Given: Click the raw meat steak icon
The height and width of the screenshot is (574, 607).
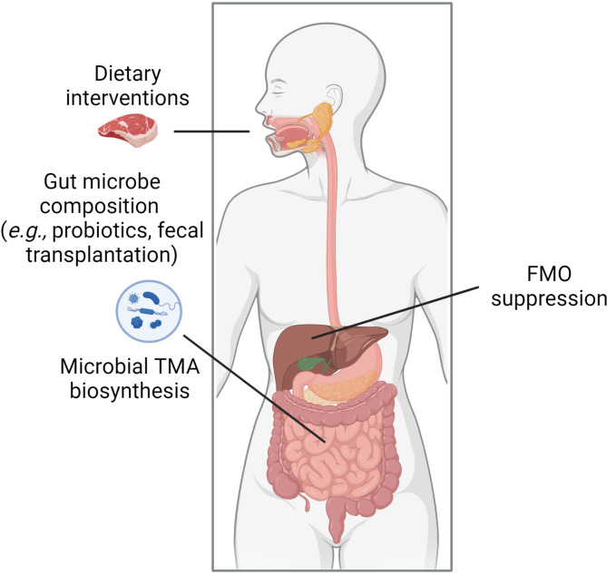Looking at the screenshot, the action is coord(128,131).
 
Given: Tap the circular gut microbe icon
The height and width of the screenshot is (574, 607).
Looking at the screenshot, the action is coord(149,311).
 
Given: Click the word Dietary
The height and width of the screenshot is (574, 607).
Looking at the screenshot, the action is coord(128,73).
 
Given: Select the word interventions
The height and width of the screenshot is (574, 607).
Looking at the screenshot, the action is coord(127,98).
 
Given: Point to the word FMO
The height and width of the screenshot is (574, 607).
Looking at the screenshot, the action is coord(549,274).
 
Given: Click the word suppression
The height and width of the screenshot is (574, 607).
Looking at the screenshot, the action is coord(549,299).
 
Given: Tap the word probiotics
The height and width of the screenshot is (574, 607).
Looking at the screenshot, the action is coord(101,231).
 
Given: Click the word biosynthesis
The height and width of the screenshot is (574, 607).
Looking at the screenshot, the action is coord(130,391).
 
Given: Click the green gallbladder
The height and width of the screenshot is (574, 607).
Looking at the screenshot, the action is coord(310,364).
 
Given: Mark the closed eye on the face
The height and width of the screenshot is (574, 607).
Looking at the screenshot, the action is coord(279,93).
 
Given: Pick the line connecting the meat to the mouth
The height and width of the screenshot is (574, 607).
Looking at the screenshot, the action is coord(211,131).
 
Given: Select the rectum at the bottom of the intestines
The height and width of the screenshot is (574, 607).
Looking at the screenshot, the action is coord(336,520).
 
